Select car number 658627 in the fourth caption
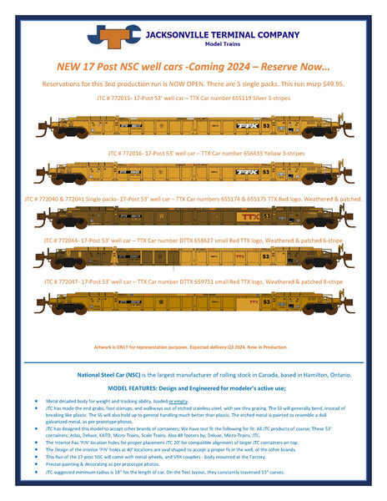(223, 239)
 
